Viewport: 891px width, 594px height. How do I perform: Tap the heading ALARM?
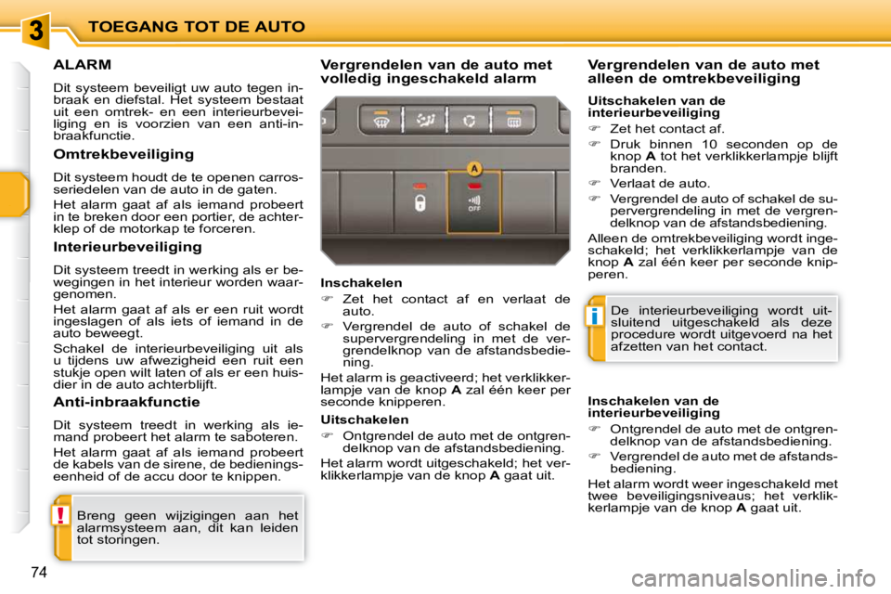tap(83, 65)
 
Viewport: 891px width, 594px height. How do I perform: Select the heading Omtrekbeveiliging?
tap(123, 154)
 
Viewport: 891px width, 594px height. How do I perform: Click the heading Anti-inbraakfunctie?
tap(127, 402)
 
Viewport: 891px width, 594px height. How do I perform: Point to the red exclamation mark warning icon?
tap(61, 516)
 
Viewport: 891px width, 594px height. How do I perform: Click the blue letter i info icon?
tap(596, 317)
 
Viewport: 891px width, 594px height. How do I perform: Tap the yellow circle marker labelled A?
tap(474, 169)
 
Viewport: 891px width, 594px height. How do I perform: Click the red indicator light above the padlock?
tap(420, 186)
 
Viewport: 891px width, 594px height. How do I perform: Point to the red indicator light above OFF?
tap(474, 187)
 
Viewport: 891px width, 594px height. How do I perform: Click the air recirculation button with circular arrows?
tap(471, 120)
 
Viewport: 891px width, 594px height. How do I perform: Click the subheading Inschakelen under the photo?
tap(361, 282)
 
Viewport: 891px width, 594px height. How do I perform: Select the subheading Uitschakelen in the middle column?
tap(364, 420)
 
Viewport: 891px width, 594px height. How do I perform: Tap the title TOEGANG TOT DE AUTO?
tap(196, 26)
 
